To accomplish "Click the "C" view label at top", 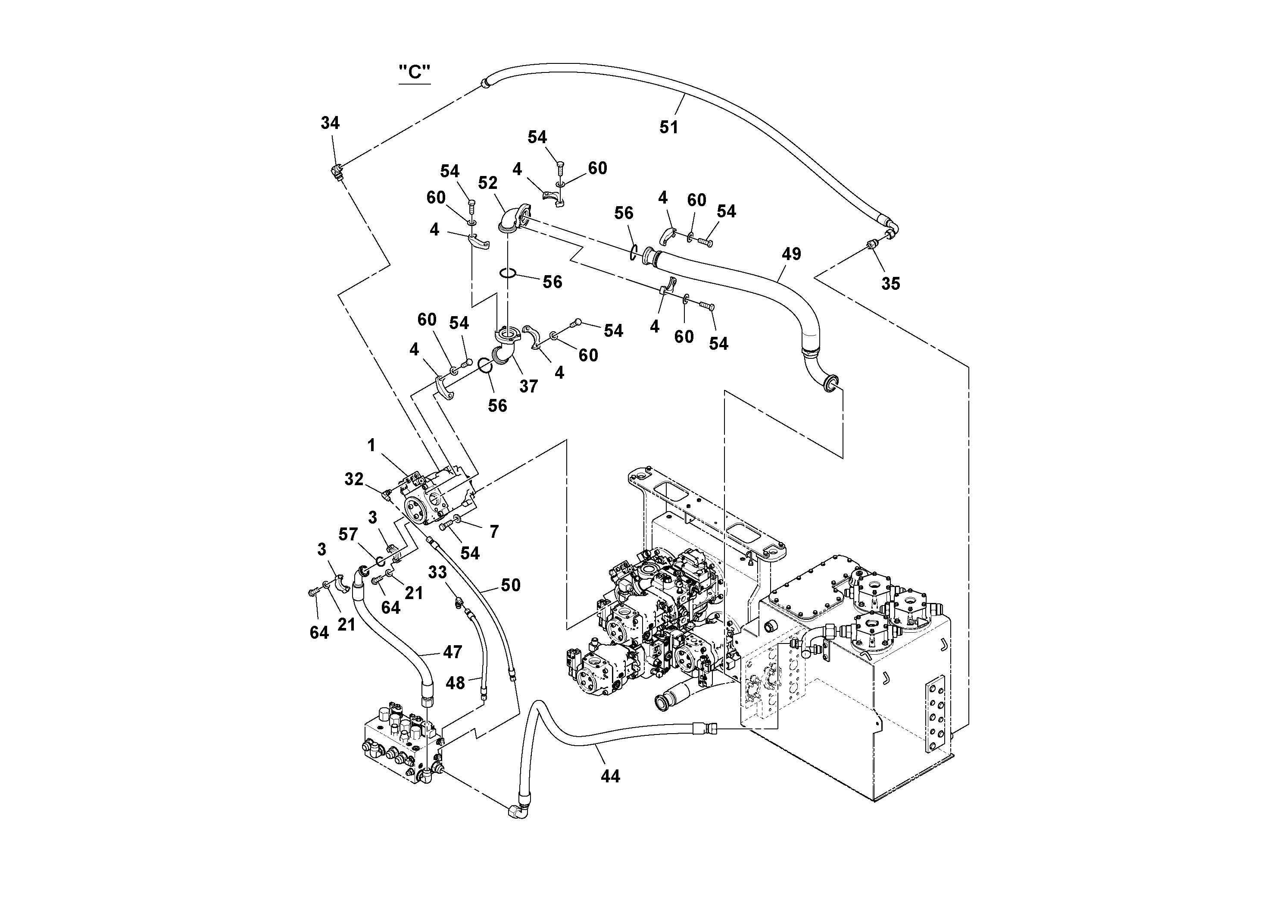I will point(415,73).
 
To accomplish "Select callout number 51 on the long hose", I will point(668,128).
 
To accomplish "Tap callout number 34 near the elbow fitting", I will point(330,123).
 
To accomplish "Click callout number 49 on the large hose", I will point(791,254).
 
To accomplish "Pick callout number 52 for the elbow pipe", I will point(487,183).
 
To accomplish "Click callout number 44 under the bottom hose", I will point(610,776).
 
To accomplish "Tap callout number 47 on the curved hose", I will point(452,652).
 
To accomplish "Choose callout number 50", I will point(510,585).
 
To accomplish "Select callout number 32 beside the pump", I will point(354,479).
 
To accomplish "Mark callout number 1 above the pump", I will point(371,446).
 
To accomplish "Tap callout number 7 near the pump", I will point(494,532).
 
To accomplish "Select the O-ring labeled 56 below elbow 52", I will point(507,273).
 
